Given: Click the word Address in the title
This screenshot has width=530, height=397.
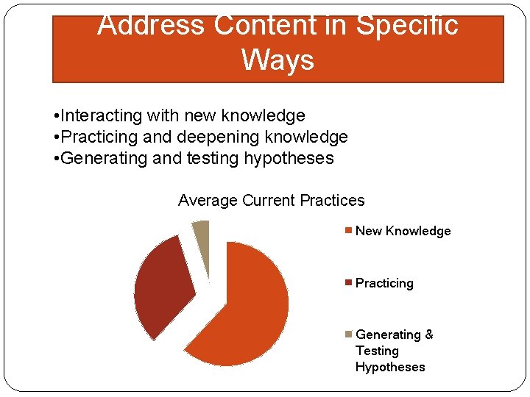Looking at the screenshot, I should [x=152, y=26].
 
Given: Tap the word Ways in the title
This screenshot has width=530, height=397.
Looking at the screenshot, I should [x=278, y=60].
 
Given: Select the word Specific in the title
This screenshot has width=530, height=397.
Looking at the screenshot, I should [x=407, y=26].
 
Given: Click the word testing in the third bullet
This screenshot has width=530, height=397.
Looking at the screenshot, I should [x=219, y=158].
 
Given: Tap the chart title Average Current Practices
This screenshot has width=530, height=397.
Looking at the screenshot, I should [x=271, y=201].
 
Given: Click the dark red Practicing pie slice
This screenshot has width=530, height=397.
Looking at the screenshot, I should [x=163, y=287].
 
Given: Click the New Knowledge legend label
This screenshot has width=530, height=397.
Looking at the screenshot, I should [x=403, y=231].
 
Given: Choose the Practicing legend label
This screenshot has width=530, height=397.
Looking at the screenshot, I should [x=384, y=283].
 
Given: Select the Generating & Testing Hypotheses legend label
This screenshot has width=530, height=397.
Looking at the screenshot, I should [x=394, y=351].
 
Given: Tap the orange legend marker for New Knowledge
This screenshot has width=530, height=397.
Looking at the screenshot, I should [x=349, y=231].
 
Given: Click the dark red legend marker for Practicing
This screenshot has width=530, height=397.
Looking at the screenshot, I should [x=349, y=283].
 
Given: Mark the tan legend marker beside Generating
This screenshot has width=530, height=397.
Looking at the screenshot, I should [x=349, y=335].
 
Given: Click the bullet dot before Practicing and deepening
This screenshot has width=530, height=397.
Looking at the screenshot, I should [x=57, y=137].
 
